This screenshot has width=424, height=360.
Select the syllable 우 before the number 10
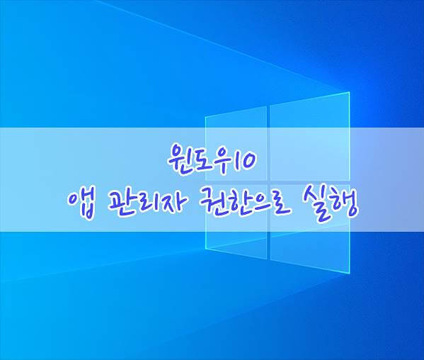point(221,160)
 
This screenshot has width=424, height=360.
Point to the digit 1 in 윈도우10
point(234,160)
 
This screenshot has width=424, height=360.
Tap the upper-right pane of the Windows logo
point(310,136)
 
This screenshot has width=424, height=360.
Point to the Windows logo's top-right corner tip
point(350,92)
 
